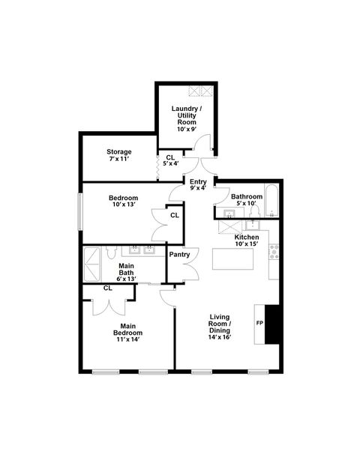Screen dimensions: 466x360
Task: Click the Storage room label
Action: [x=118, y=151]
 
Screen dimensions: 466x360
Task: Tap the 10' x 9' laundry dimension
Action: [x=186, y=129]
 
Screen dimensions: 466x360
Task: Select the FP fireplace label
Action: [x=259, y=323]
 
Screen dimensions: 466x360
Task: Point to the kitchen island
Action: [x=232, y=260]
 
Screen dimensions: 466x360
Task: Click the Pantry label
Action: [x=179, y=255]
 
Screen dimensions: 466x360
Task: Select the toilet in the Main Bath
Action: [x=111, y=253]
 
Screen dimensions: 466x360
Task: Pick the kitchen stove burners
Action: [x=274, y=252]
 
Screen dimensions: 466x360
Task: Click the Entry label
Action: [x=198, y=181]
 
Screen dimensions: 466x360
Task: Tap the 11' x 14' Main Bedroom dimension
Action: [x=128, y=339]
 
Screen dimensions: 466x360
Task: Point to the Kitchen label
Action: [x=246, y=236]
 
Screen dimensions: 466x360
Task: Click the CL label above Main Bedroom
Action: [x=107, y=288]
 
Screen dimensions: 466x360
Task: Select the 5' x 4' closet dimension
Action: [x=172, y=163]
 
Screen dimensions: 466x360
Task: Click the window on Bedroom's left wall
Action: [x=79, y=211]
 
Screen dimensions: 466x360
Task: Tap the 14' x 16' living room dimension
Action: [x=220, y=336]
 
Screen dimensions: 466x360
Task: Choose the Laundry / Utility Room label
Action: [x=186, y=114]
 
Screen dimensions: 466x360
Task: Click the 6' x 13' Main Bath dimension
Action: [x=127, y=278]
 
